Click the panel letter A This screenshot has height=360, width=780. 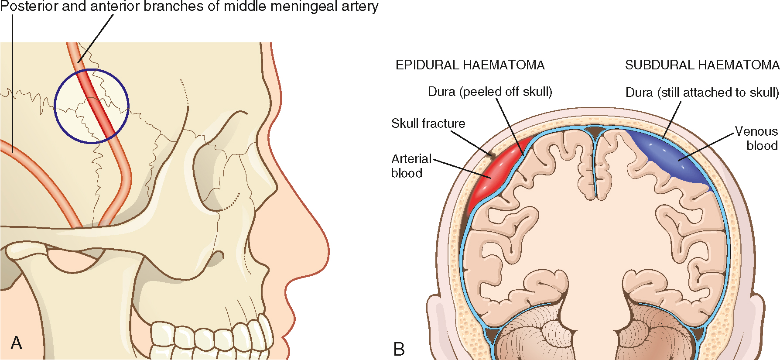pyautogui.click(x=16, y=343)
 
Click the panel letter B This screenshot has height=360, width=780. pyautogui.click(x=399, y=349)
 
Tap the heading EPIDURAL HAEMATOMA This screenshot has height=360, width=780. pyautogui.click(x=470, y=65)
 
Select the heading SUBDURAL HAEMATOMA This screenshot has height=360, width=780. pyautogui.click(x=702, y=65)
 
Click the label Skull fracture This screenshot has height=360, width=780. pyautogui.click(x=428, y=123)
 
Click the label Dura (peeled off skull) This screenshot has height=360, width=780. pyautogui.click(x=490, y=92)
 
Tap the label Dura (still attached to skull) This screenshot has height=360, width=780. pyautogui.click(x=702, y=93)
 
